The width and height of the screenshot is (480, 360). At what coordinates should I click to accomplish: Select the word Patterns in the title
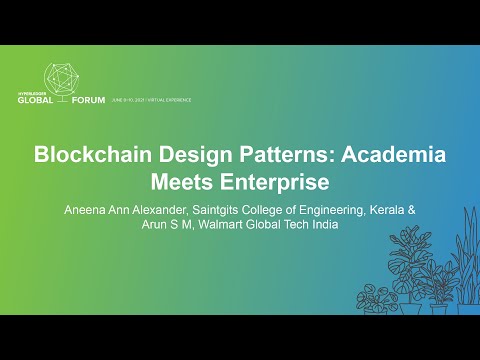point(276,156)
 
